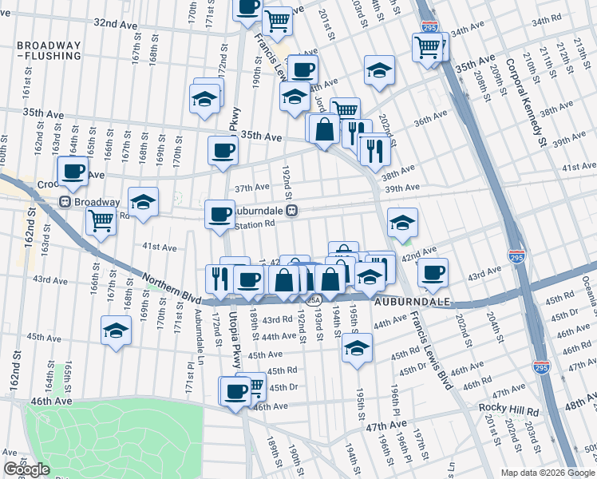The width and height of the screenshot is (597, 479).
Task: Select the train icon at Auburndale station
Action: point(293,211)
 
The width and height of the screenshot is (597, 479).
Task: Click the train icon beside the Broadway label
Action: point(66,203)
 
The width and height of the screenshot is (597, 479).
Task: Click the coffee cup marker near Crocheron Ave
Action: point(73,170)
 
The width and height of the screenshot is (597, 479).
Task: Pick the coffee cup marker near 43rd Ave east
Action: point(433,272)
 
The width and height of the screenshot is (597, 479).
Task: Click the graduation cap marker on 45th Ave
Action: point(117,331)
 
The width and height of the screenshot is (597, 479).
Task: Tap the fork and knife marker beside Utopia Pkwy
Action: point(217,277)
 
